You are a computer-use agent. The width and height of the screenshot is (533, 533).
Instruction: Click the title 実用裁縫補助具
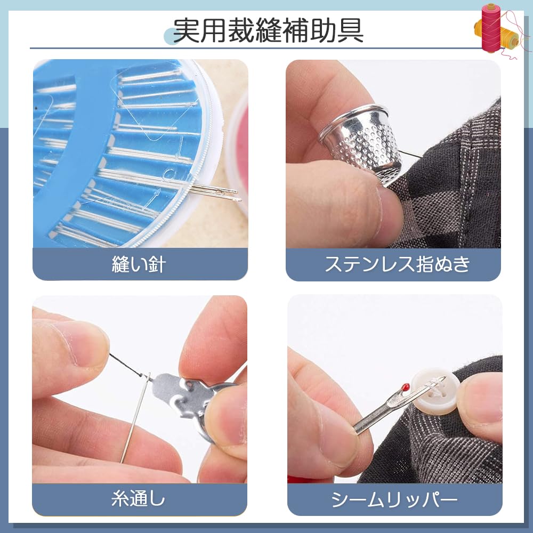click(x=268, y=30)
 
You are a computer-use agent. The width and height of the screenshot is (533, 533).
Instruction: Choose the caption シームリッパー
click(x=394, y=499)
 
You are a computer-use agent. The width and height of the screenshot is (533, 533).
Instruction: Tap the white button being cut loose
click(x=434, y=392)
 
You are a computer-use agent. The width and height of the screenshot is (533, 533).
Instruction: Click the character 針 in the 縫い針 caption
click(x=155, y=264)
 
